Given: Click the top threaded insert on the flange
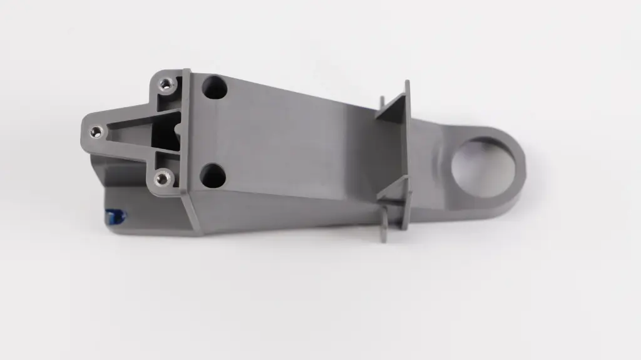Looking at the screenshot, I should click(165, 84).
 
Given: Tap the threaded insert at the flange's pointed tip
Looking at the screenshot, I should click(96, 131).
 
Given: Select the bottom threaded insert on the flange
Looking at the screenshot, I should click(161, 179).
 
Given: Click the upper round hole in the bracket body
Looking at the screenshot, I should click(214, 87).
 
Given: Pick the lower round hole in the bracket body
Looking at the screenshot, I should click(213, 176).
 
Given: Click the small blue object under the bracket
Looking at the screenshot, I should click(115, 217).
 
